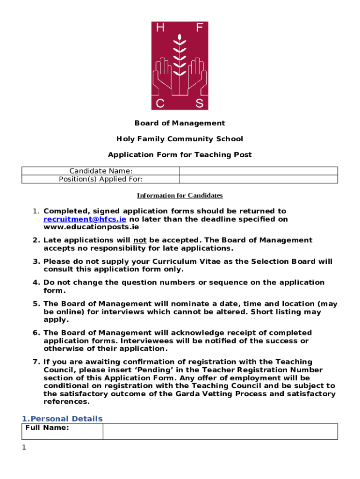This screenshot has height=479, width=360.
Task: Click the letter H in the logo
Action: coord(160,28)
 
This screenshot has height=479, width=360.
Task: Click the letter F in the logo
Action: coord(199,28)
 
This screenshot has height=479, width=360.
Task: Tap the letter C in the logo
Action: coord(160,103)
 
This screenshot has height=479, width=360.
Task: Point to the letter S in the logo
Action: coord(199,103)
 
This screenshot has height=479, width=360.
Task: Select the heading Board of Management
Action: coord(180,123)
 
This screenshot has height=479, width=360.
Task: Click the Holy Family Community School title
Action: coord(180,139)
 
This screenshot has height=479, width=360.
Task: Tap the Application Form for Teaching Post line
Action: coord(180,155)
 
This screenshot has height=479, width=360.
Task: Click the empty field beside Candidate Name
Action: coord(259,171)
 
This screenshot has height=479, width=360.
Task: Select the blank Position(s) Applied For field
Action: coord(259,179)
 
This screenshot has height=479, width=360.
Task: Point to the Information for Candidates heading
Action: coord(180,196)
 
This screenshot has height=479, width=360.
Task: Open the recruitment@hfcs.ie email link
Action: coord(85,219)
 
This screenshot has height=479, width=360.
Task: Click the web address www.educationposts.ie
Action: coord(91,227)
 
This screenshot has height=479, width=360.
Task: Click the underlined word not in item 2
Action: coord(140,240)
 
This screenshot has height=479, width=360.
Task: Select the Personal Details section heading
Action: coord(62,419)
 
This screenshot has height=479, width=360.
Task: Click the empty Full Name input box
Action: coord(220,431)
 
